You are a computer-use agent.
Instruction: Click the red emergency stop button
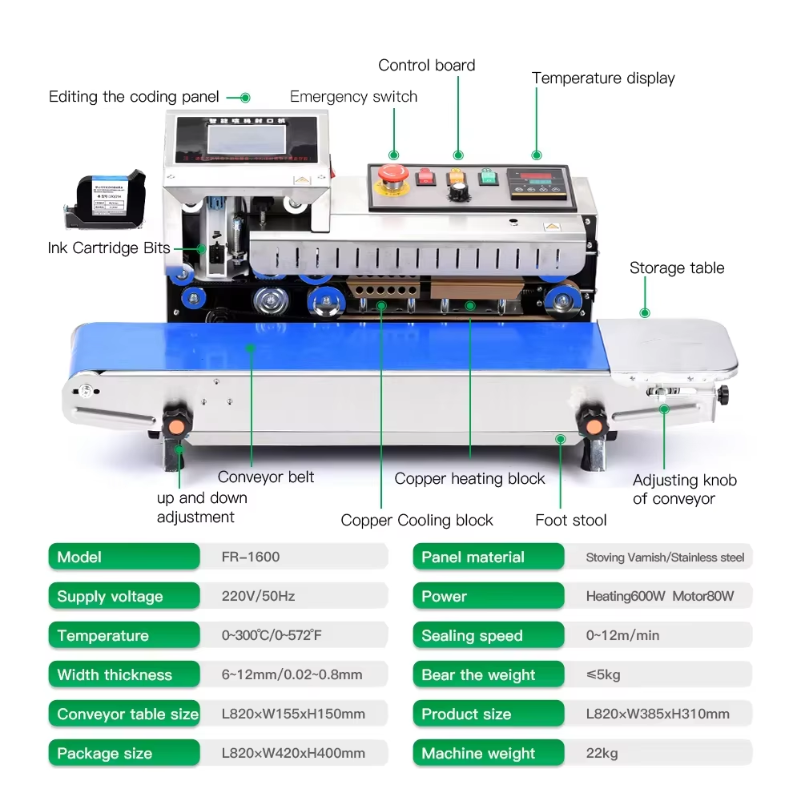[394, 174]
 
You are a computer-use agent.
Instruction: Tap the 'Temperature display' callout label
[603, 78]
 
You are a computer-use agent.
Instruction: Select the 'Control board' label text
[426, 66]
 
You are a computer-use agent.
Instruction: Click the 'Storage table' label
[676, 268]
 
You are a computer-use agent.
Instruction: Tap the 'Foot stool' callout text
[570, 521]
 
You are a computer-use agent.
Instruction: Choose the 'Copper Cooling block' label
[417, 521]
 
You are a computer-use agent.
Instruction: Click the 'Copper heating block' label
[469, 479]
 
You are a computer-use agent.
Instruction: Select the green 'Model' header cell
[123, 557]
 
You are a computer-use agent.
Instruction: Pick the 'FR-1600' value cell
[251, 557]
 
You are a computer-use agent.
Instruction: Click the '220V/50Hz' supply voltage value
[258, 596]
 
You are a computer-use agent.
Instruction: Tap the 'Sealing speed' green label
[488, 635]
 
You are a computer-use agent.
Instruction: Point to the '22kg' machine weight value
[602, 753]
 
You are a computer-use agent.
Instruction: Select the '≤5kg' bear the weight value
[603, 674]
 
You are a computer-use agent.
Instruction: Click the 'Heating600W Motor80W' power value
[659, 596]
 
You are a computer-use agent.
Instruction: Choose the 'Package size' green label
[123, 753]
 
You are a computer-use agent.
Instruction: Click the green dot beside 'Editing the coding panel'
[245, 98]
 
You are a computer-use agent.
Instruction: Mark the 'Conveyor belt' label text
[266, 477]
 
